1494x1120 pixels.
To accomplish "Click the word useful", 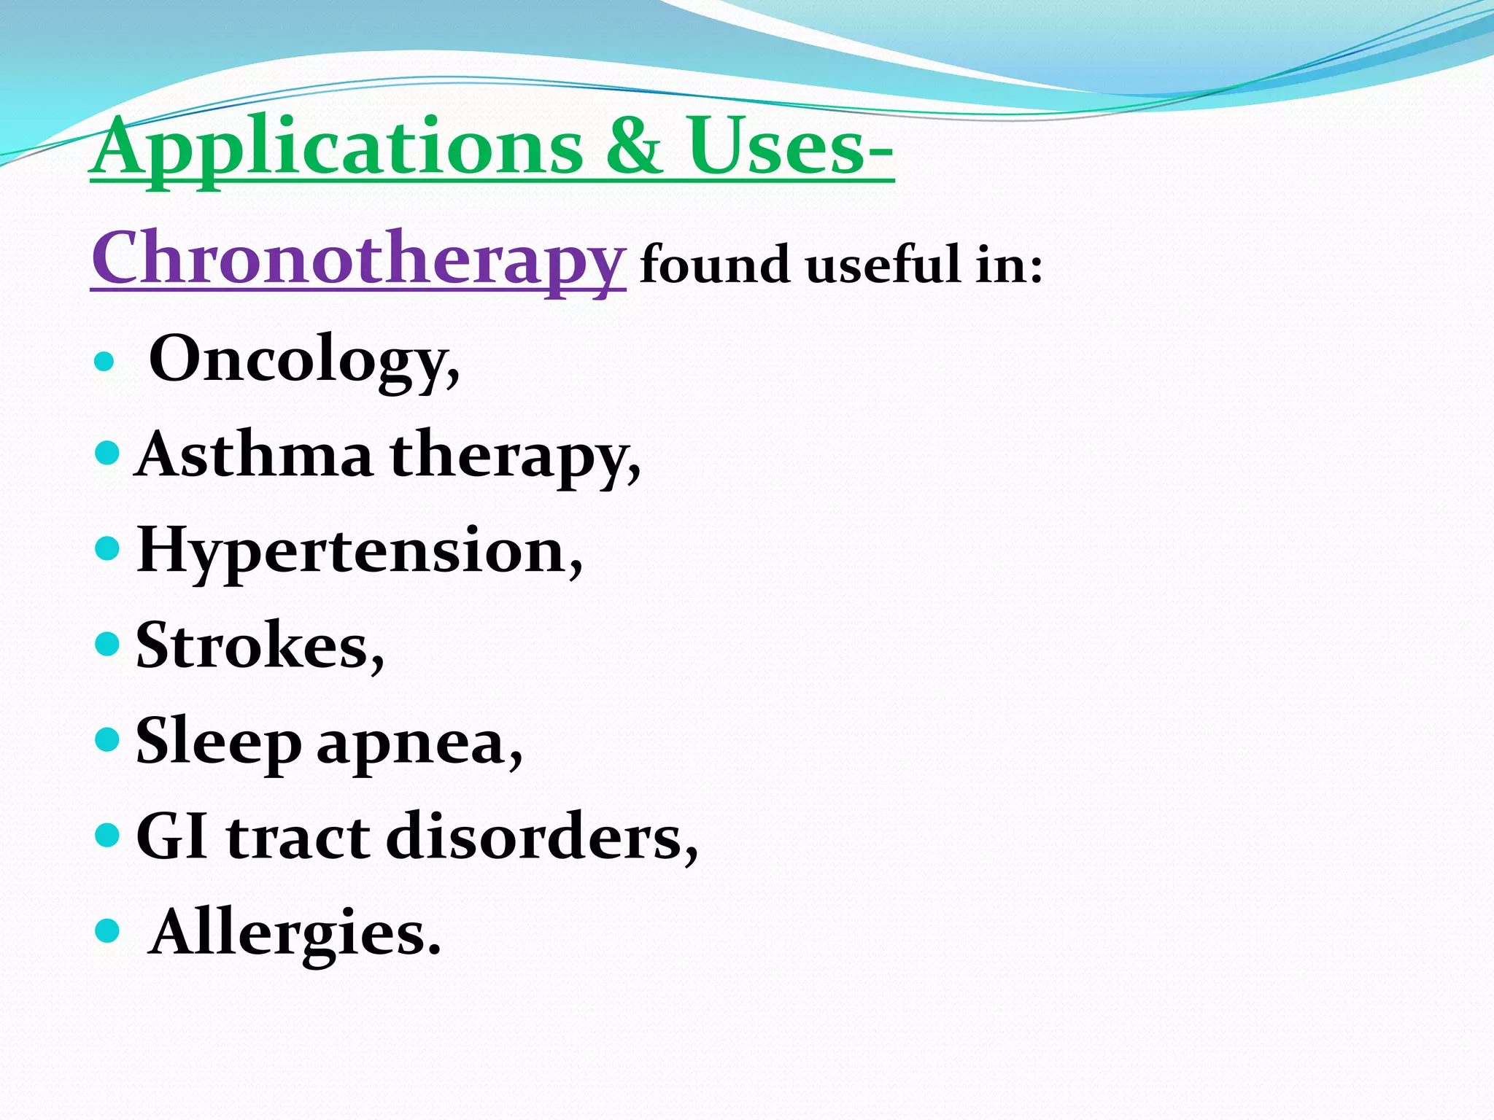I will click(883, 264).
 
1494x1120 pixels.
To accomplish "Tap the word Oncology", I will click(303, 359).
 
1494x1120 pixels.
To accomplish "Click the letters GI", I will click(171, 838).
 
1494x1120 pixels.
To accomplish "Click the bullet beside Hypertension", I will click(107, 548).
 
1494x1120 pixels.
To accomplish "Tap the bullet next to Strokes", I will click(107, 644).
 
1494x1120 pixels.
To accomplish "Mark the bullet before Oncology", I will click(105, 361).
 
